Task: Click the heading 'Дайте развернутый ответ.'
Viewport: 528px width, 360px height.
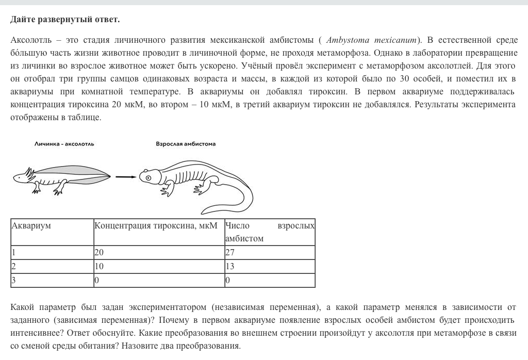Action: pyautogui.click(x=65, y=20)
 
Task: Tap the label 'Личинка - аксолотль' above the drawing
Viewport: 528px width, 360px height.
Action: pyautogui.click(x=64, y=144)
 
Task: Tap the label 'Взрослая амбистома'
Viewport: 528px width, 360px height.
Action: pyautogui.click(x=186, y=144)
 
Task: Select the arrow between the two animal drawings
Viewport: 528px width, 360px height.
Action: pyautogui.click(x=125, y=177)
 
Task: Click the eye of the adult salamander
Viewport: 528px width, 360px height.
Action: pyautogui.click(x=148, y=177)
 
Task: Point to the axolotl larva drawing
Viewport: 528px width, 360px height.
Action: pyautogui.click(x=62, y=178)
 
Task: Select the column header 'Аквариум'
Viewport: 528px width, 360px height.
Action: pyautogui.click(x=31, y=226)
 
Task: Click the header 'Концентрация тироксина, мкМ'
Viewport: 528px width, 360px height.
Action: pyautogui.click(x=156, y=226)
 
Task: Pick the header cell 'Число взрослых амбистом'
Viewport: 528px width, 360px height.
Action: pyautogui.click(x=269, y=232)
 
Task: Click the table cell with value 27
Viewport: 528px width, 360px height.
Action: pyautogui.click(x=230, y=253)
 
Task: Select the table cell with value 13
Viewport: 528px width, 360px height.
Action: pyautogui.click(x=230, y=267)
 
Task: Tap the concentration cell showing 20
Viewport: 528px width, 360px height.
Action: pyautogui.click(x=99, y=253)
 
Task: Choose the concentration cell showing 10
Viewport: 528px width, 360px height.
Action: pyautogui.click(x=99, y=267)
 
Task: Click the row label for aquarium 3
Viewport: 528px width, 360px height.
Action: pyautogui.click(x=14, y=281)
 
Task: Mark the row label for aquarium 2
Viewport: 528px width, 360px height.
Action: pyautogui.click(x=14, y=267)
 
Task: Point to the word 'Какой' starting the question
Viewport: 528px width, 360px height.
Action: pyautogui.click(x=23, y=308)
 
